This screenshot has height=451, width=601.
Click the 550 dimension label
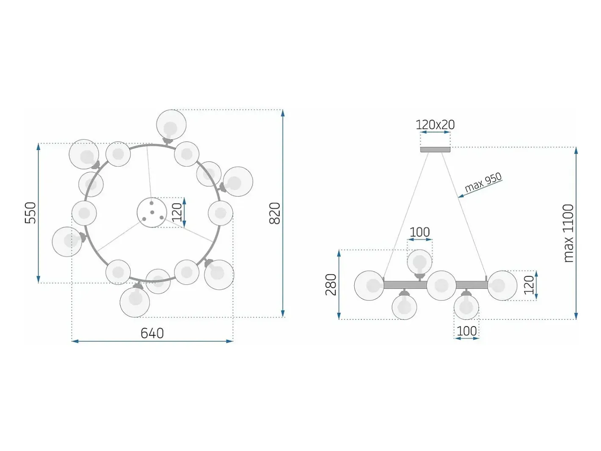pyautogui.click(x=30, y=213)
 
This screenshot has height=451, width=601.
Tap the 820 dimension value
pyautogui.click(x=275, y=213)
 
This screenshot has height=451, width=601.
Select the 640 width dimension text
pyautogui.click(x=152, y=333)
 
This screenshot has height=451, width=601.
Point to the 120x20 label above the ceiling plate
pyautogui.click(x=435, y=125)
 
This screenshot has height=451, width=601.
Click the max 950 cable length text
pyautogui.click(x=483, y=182)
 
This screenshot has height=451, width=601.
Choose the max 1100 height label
pyautogui.click(x=569, y=233)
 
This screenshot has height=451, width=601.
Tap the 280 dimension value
pyautogui.click(x=331, y=285)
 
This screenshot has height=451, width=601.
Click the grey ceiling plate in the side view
pyautogui.click(x=435, y=149)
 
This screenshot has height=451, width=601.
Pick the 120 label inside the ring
pyautogui.click(x=177, y=212)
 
